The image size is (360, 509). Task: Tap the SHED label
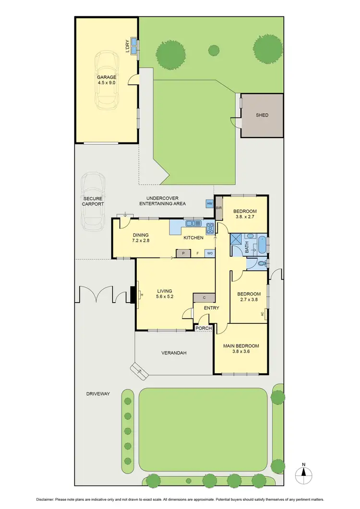click(x=262, y=115)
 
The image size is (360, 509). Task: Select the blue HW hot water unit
click(x=209, y=204)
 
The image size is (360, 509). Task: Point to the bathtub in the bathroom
click(x=261, y=245)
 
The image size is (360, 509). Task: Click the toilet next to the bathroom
click(x=260, y=263)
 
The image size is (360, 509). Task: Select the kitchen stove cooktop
click(x=210, y=227)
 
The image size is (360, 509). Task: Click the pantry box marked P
click(x=181, y=253)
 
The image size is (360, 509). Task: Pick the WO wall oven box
click(x=210, y=253)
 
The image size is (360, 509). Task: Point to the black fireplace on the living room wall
click(x=133, y=295)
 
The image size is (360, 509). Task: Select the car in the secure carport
click(x=93, y=201)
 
